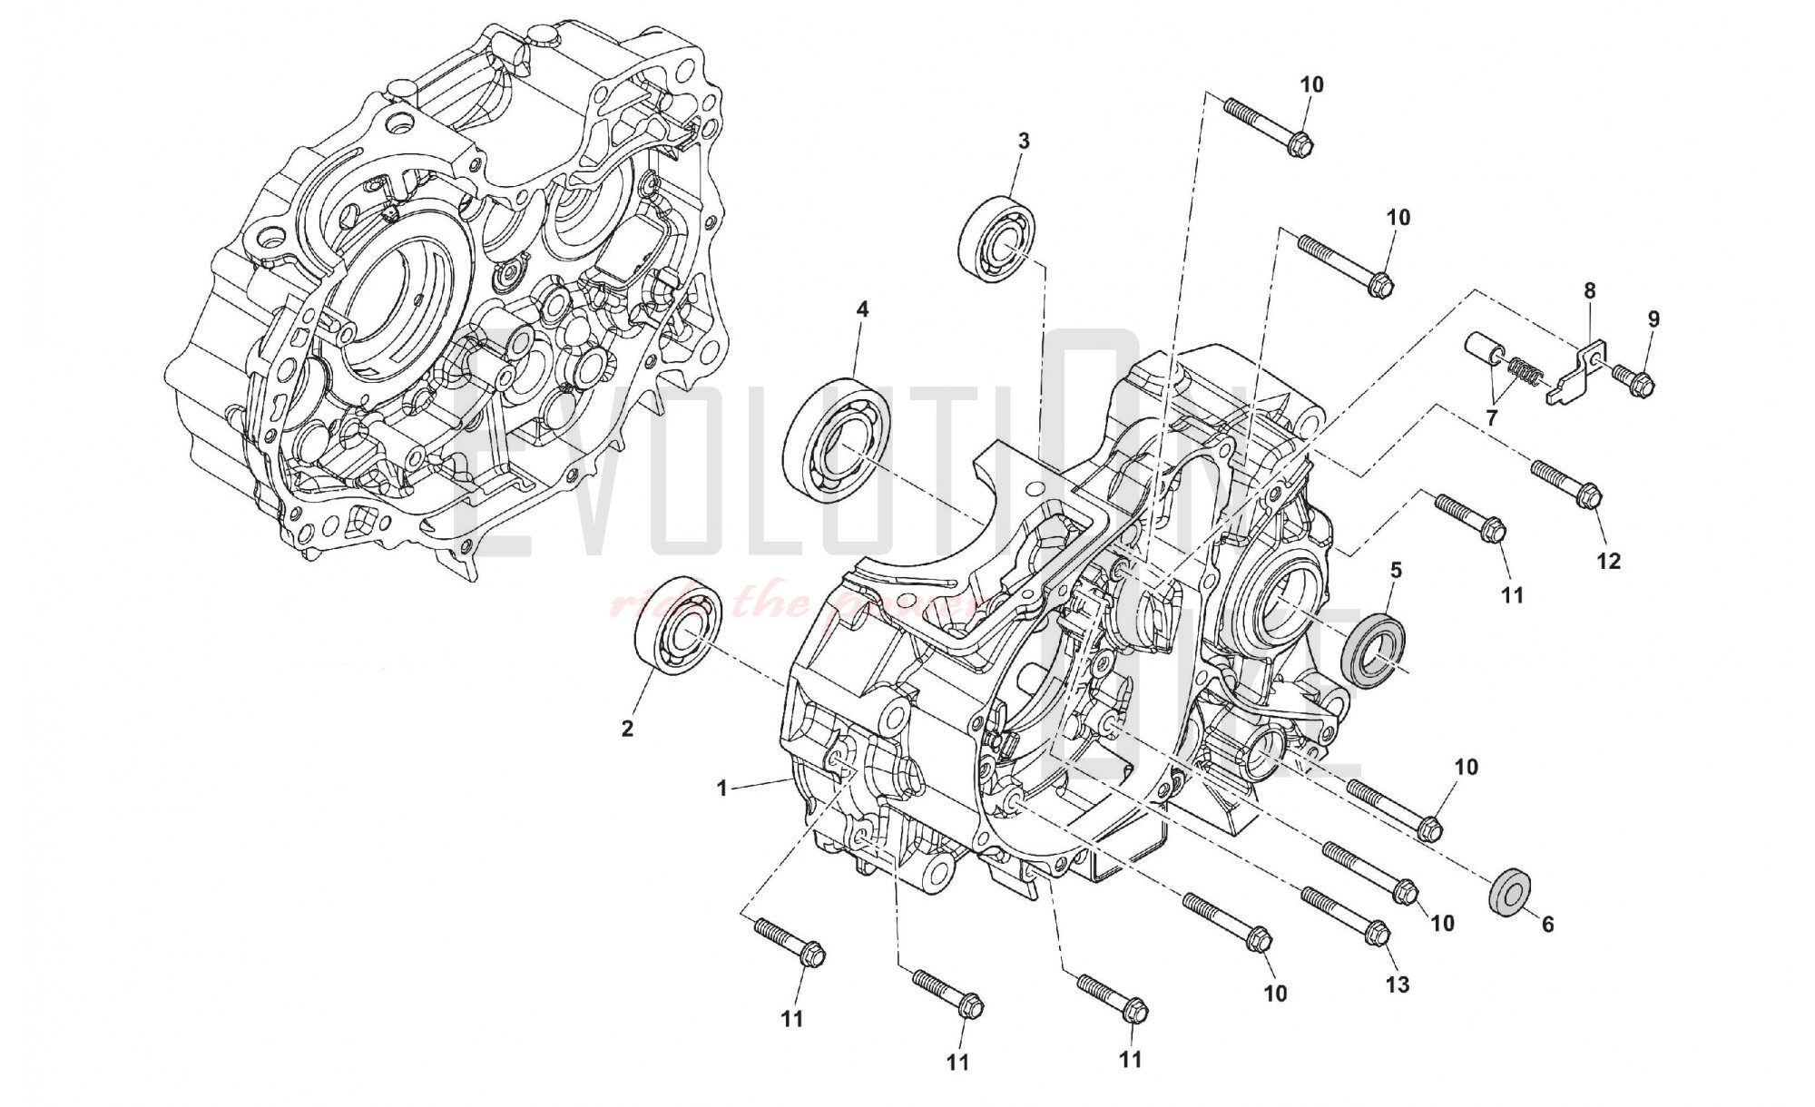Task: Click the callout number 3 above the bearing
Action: (x=1024, y=142)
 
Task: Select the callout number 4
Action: (x=861, y=309)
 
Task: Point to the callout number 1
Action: (x=722, y=789)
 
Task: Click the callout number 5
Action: (x=1396, y=571)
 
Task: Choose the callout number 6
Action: (x=1547, y=925)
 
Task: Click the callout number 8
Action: (x=1589, y=291)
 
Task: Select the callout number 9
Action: (x=1653, y=319)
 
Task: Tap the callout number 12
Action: (x=1608, y=563)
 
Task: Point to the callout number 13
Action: (x=1398, y=985)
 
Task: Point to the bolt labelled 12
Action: (x=1566, y=482)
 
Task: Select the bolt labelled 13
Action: (x=1345, y=915)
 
